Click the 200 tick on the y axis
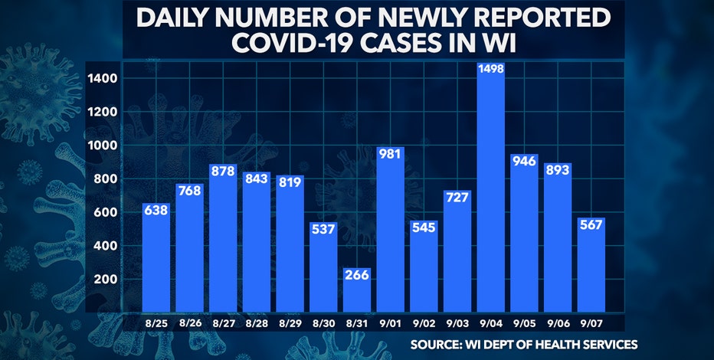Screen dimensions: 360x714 (106, 279)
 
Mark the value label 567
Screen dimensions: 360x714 (590, 225)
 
